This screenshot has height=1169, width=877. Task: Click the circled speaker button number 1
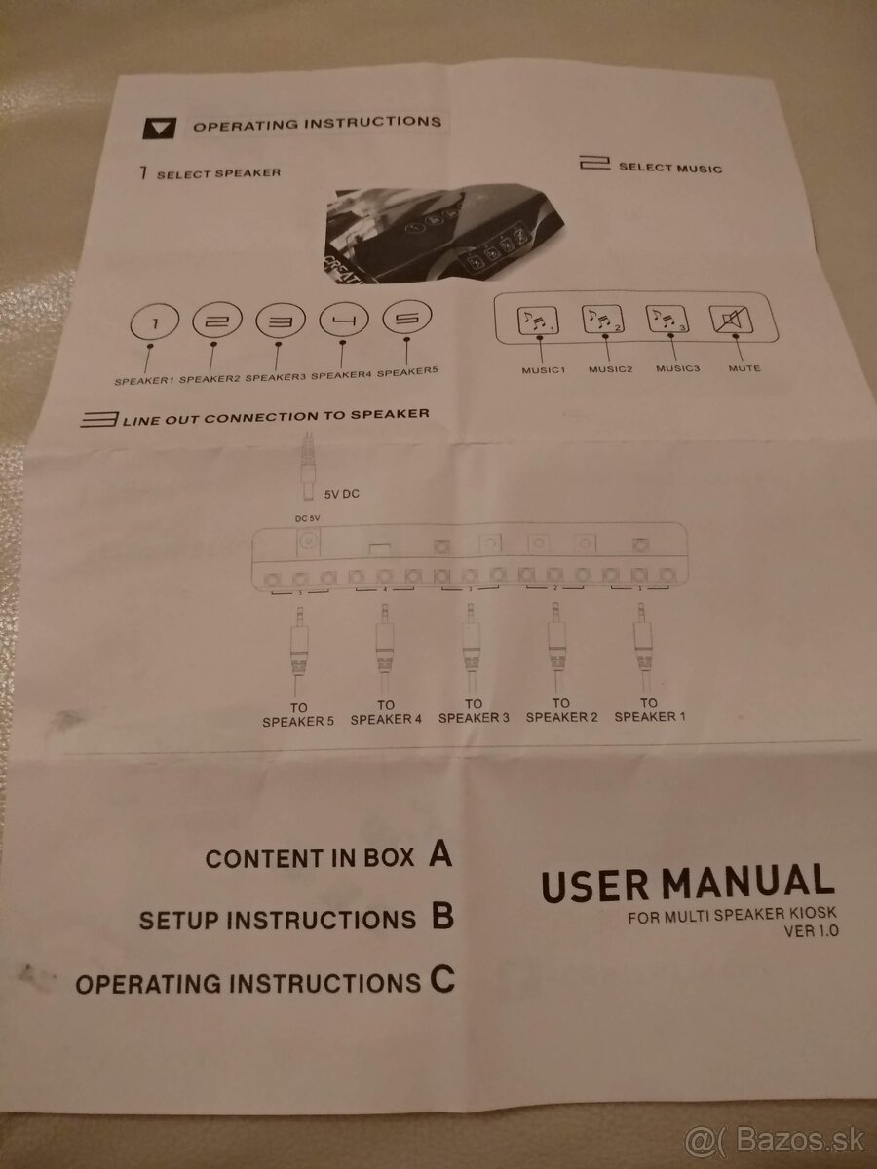154,322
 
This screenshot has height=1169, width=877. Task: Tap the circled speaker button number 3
281,321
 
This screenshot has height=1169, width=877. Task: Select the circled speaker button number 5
406,318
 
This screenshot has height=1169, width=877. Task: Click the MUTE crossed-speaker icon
732,320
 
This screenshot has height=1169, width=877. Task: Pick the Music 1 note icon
538,321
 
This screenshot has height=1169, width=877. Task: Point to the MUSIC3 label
678,368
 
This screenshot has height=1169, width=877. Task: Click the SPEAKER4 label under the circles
341,375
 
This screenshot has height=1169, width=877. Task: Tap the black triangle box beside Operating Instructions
159,129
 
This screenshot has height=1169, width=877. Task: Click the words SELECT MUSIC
670,168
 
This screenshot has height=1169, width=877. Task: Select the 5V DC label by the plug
342,494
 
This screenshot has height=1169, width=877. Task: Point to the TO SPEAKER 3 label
474,711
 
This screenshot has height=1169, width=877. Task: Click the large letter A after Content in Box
440,853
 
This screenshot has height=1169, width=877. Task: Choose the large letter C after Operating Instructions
442,979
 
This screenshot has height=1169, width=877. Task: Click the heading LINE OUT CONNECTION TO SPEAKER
255,417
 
